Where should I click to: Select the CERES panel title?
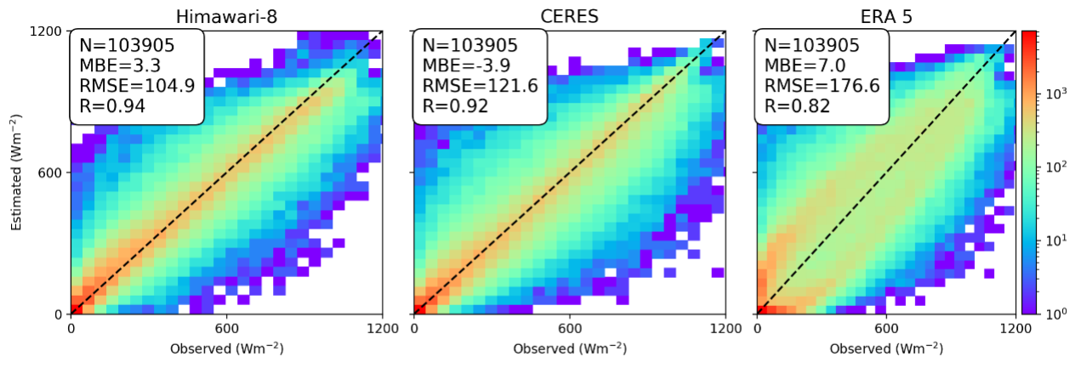point(568,16)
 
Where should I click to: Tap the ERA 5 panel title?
point(885,16)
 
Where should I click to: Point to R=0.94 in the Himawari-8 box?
point(112,106)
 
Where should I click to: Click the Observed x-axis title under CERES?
point(568,348)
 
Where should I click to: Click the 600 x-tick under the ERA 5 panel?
point(886,328)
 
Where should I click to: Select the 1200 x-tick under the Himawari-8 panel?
point(382,328)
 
